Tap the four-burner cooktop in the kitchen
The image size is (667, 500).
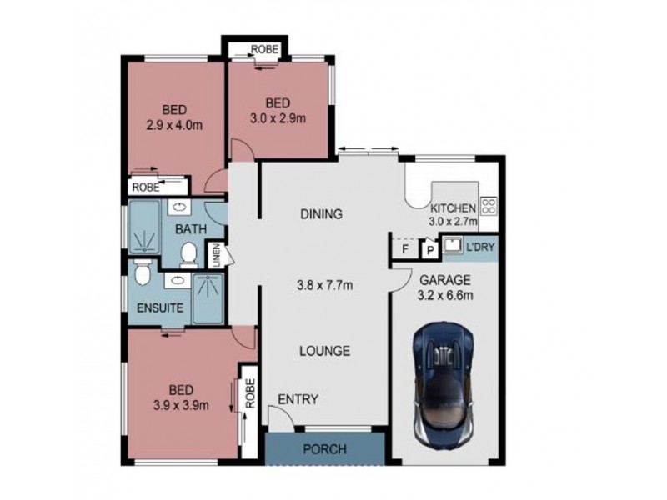tap(489, 204)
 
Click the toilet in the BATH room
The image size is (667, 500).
tap(188, 250)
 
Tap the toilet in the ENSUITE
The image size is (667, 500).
tap(142, 272)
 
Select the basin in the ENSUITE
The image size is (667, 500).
tap(177, 281)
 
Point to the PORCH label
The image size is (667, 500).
tap(323, 449)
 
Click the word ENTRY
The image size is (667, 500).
tap(298, 399)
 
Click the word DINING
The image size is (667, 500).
tap(322, 214)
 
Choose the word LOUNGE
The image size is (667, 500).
tap(324, 351)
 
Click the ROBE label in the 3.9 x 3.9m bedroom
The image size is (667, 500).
tap(248, 394)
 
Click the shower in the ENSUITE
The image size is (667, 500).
tap(209, 298)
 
